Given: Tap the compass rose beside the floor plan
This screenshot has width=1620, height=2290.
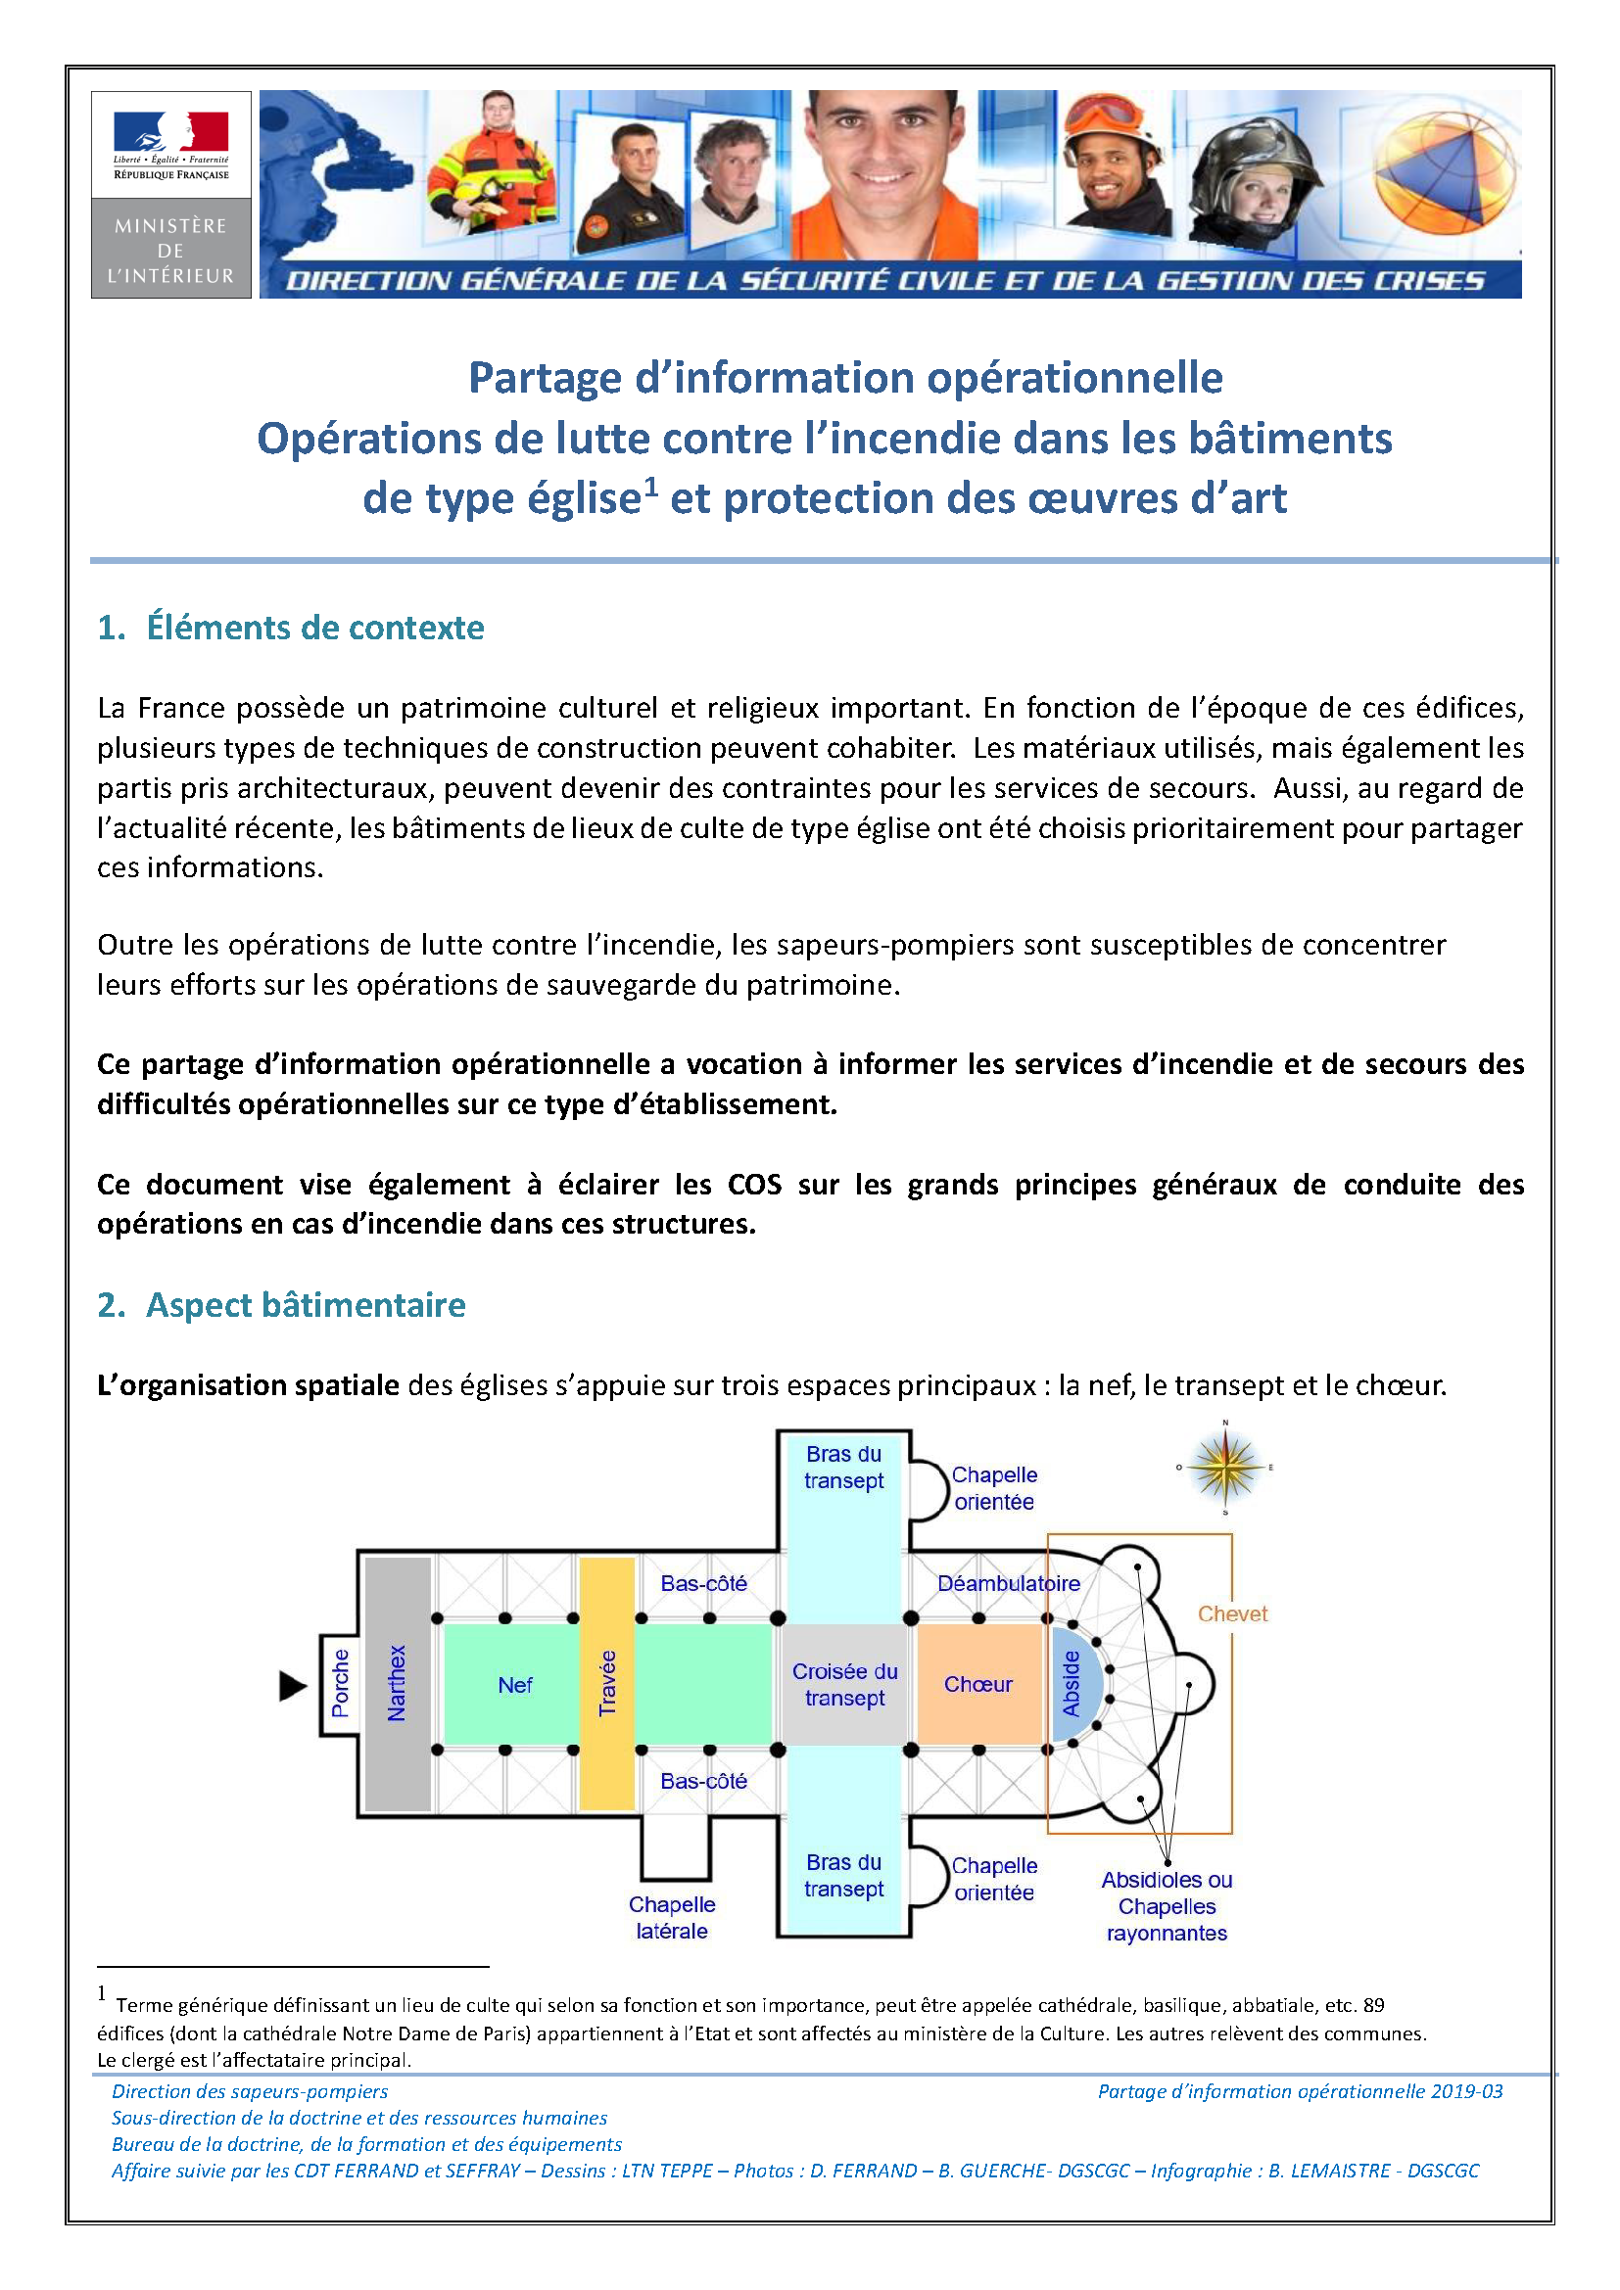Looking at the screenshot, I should pos(1225,1469).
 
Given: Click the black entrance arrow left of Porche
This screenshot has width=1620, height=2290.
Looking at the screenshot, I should pos(292,1687).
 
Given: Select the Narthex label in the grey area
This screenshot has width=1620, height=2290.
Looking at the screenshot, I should pos(397,1684).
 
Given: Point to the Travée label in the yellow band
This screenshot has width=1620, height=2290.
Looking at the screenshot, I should pos(607,1684).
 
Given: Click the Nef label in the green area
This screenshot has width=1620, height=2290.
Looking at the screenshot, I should pos(515,1686).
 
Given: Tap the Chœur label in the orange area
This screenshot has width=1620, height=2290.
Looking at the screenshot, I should pos(977,1685).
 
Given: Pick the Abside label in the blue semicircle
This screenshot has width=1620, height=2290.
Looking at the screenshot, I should pos(1072,1684).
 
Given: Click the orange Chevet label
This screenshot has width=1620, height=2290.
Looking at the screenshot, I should pos(1232,1613).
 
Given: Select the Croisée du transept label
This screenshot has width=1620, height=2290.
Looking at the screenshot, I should pos(845,1685).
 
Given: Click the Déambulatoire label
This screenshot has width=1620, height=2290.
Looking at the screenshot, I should pos(1009,1583).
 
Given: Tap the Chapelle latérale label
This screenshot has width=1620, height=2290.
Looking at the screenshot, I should pos(671,1918).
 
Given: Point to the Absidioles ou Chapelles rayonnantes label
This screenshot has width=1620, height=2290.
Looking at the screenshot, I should pos(1167,1906).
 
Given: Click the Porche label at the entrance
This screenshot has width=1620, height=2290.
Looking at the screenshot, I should pos(341,1684).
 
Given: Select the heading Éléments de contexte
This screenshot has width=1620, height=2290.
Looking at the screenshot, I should pos(314,628).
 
